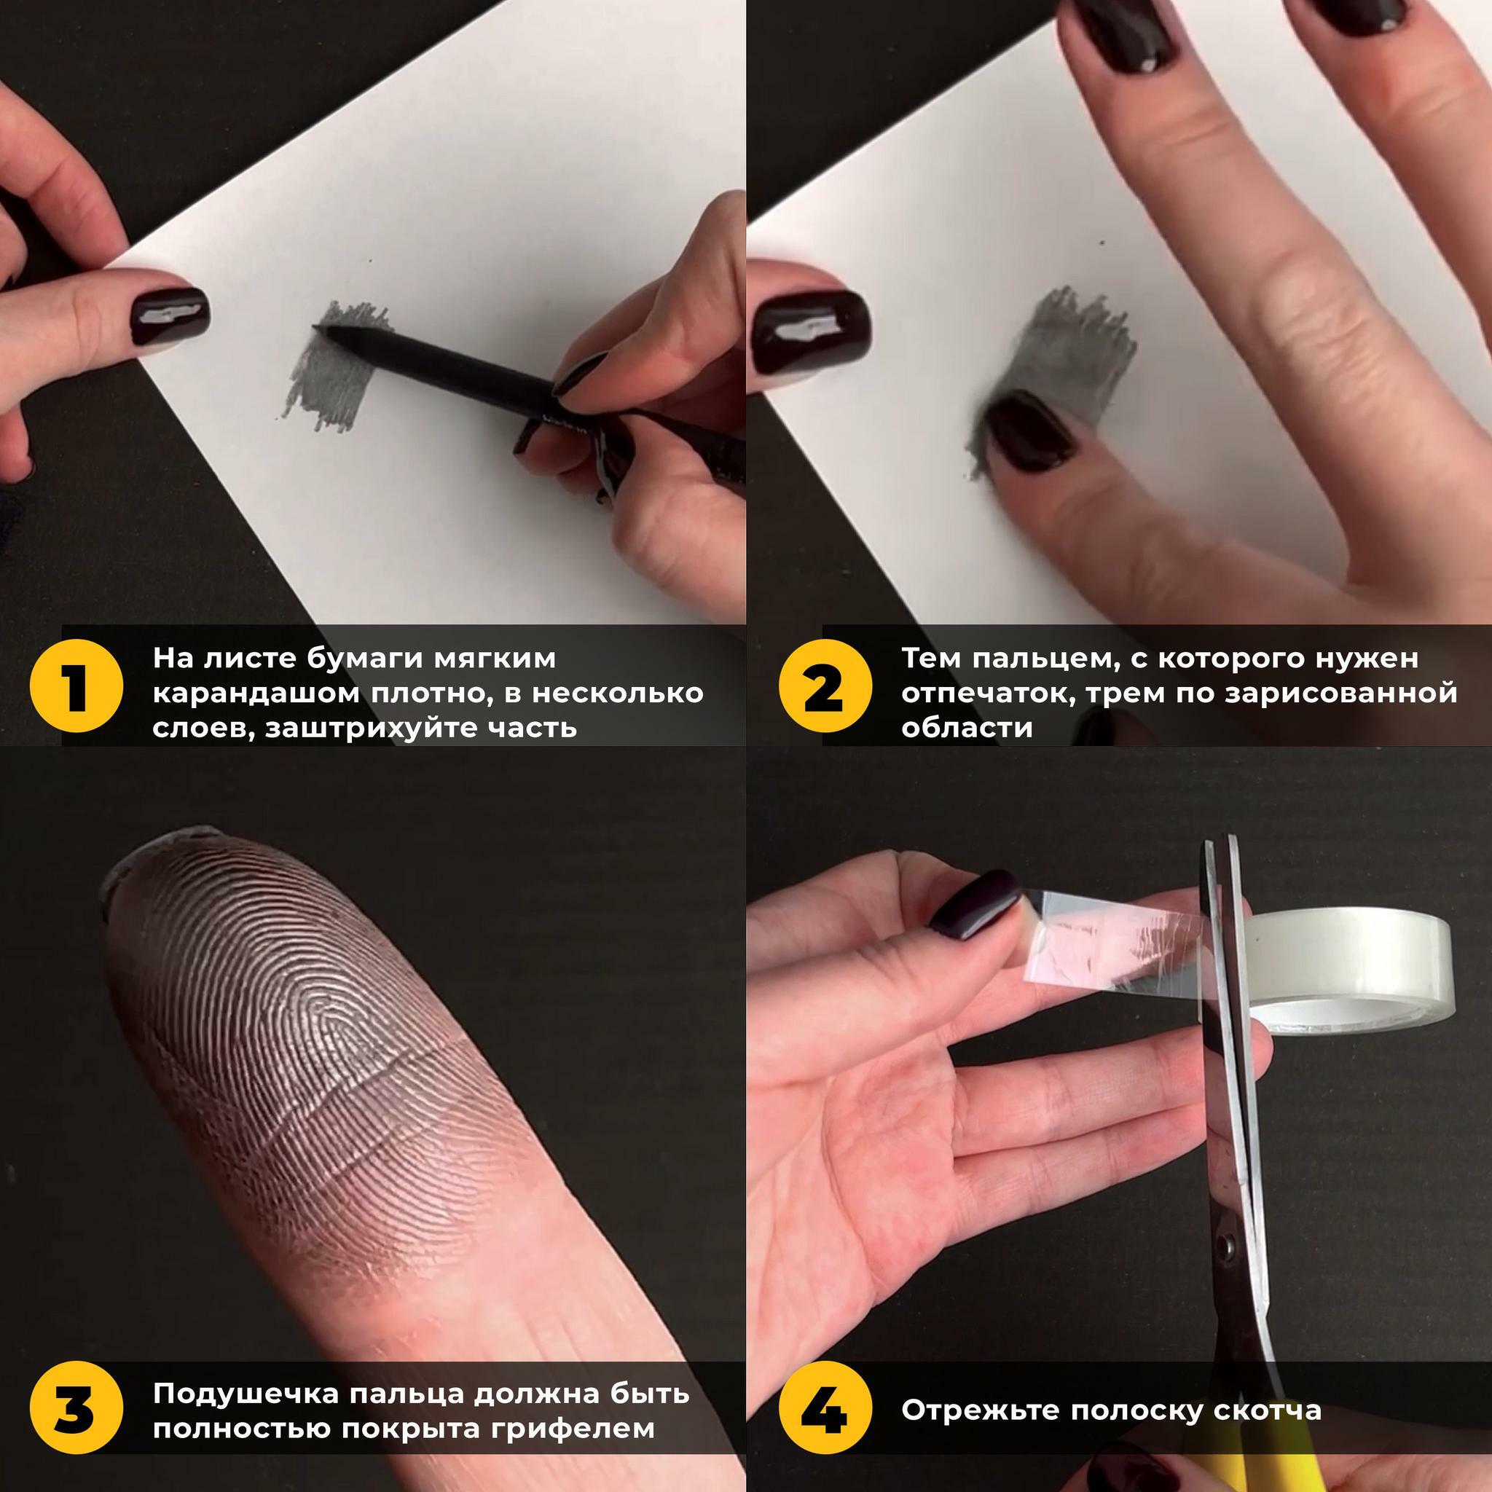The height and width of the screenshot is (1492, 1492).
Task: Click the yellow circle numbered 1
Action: click(x=76, y=686)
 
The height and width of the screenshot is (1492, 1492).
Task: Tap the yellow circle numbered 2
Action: click(x=825, y=686)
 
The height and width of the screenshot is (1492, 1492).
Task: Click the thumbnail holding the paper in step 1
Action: click(x=169, y=317)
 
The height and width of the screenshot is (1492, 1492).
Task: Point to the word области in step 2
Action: click(x=967, y=728)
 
